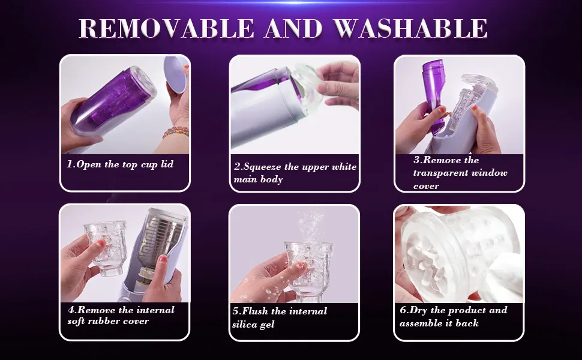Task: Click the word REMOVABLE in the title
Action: point(166,28)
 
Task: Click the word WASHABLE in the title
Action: point(410,28)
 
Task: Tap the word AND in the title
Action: point(293,28)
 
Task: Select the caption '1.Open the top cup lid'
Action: point(120,164)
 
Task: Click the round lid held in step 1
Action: point(175,74)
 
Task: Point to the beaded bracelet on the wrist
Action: point(175,133)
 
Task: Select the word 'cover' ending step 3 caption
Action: point(426,186)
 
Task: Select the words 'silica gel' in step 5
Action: point(253,325)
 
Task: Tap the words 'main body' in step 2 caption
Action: point(259,179)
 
